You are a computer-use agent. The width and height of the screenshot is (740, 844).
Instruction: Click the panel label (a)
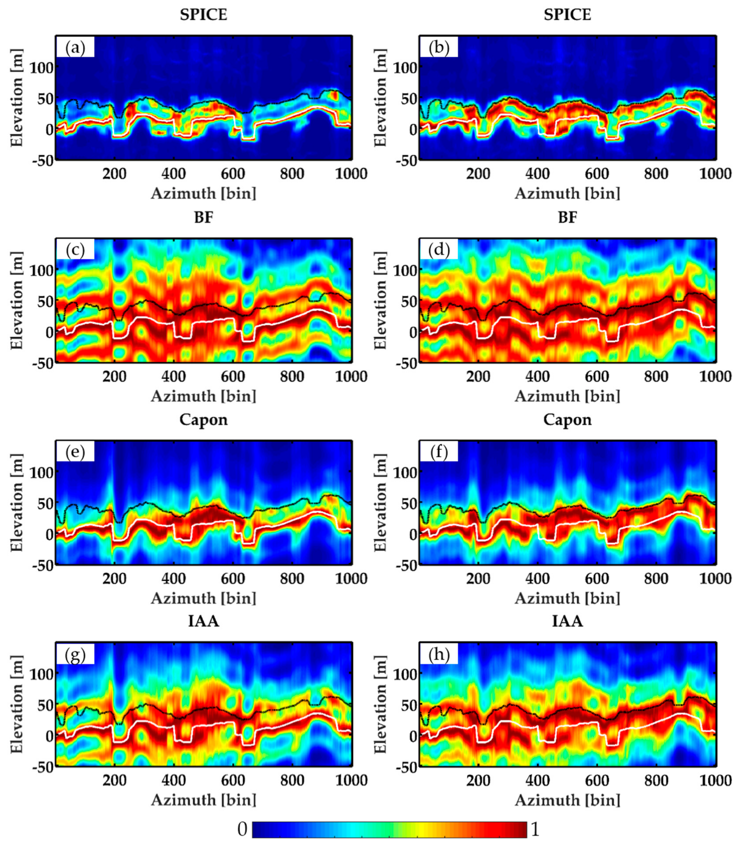[75, 48]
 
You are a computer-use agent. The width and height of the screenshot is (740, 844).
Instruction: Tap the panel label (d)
[439, 251]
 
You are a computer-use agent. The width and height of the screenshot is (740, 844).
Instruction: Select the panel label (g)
[75, 655]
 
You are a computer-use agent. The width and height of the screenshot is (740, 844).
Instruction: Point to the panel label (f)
[439, 453]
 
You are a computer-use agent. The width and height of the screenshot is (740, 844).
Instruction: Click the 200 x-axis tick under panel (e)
[114, 578]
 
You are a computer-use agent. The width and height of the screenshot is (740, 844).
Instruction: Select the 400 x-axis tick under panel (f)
[537, 578]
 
